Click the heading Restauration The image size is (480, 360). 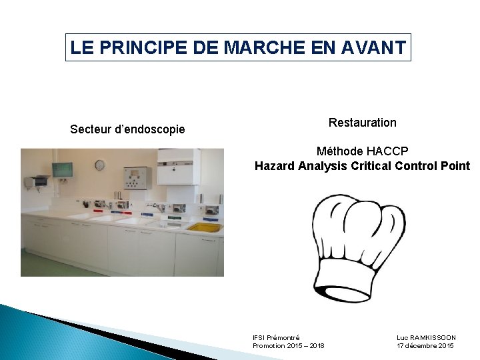[362, 123]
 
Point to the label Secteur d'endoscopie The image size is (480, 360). [127, 129]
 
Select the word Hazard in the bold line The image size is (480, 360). [275, 166]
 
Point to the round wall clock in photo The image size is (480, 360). [99, 165]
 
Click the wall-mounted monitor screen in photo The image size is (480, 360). [62, 169]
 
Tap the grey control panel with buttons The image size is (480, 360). [137, 177]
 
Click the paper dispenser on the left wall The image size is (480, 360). [37, 181]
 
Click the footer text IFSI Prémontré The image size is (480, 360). [276, 338]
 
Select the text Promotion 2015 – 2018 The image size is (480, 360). [288, 346]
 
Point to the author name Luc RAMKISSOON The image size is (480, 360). [426, 338]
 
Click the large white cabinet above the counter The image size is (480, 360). [178, 166]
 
